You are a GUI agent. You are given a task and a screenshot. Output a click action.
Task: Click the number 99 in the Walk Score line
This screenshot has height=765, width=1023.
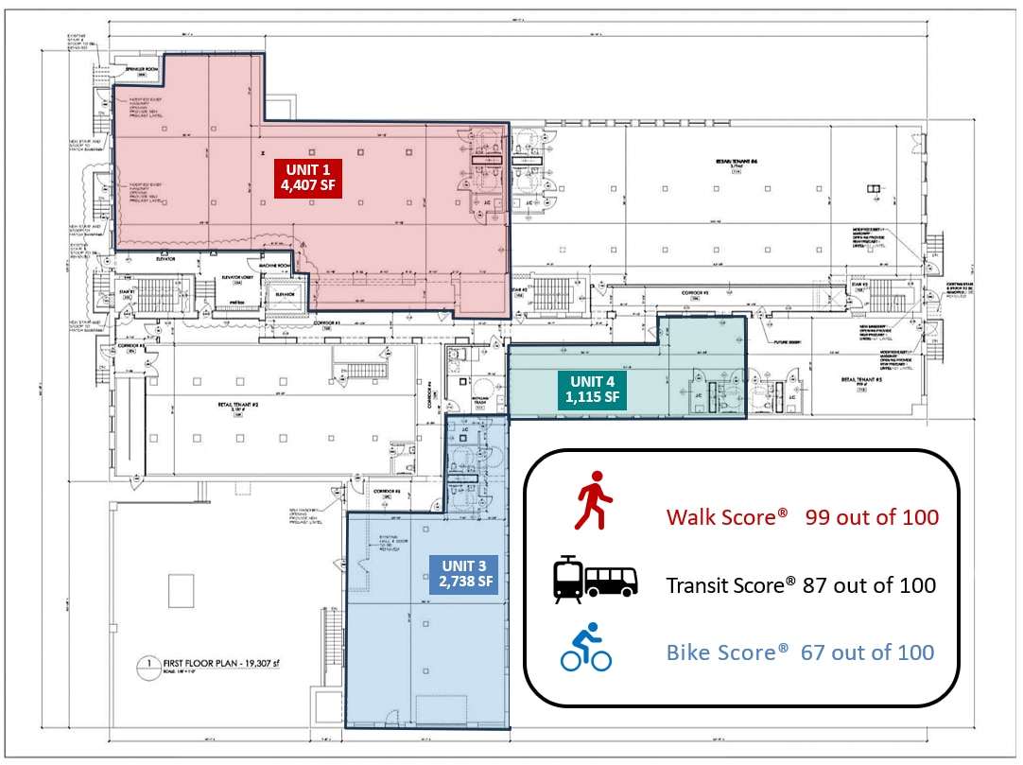[822, 517]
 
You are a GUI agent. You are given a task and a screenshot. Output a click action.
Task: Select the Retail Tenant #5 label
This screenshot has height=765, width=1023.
[861, 380]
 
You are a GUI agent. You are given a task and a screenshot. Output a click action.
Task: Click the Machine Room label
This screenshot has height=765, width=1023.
[283, 266]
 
